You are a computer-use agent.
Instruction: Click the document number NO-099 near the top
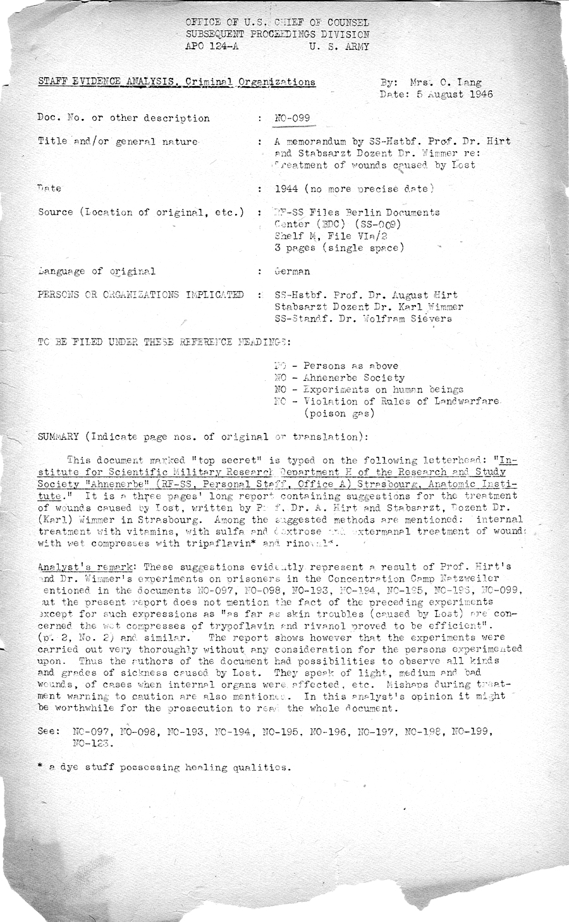click(x=293, y=118)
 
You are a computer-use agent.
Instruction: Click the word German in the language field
click(x=292, y=271)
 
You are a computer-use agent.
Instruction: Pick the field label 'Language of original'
click(x=97, y=271)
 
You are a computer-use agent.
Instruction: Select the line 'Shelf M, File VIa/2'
click(x=331, y=236)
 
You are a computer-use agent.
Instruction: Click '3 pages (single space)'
click(x=339, y=247)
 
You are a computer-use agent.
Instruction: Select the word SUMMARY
click(x=58, y=437)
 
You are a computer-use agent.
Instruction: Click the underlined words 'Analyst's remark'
click(x=83, y=567)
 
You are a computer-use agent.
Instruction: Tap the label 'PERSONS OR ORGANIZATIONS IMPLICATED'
click(x=140, y=295)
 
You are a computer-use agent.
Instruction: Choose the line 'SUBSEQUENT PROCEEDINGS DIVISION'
click(x=278, y=34)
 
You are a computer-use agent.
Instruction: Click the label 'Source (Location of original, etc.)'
click(x=140, y=212)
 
